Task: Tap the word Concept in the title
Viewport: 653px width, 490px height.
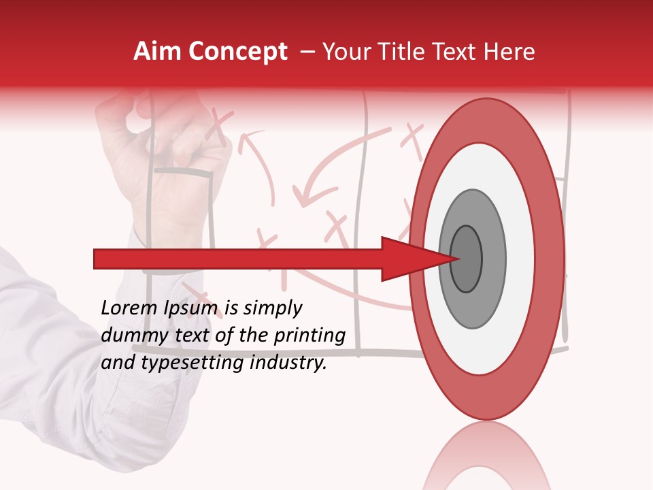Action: pyautogui.click(x=237, y=52)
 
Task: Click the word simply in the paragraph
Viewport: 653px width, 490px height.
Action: pyautogui.click(x=272, y=308)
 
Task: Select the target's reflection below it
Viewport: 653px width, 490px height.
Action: pyautogui.click(x=486, y=456)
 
